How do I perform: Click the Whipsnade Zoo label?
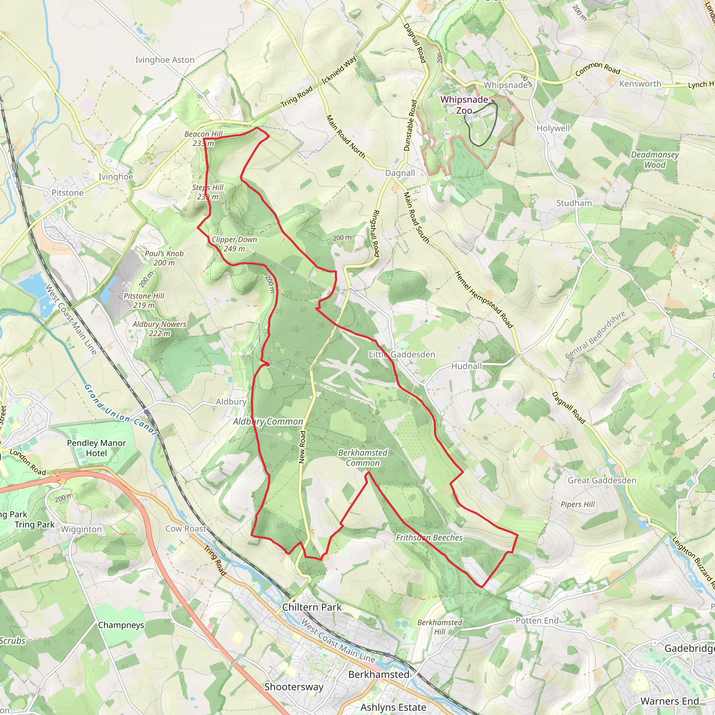coord(464,105)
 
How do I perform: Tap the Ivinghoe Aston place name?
coord(165,60)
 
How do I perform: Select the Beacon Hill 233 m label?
coord(204,138)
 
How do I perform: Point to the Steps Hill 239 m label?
coord(208,192)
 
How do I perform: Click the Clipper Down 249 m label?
coord(234,244)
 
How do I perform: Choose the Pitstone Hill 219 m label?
coord(144,300)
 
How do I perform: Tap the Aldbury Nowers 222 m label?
coord(160,329)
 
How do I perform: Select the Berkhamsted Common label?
coord(363,457)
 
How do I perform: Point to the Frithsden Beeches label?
coord(429,537)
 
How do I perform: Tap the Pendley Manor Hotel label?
coord(96,448)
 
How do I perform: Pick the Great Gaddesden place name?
coord(602,480)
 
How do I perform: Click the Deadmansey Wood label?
coord(655,160)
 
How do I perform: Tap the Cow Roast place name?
coord(186,529)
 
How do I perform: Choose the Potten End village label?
coord(537,621)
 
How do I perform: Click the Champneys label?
coord(121,625)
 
